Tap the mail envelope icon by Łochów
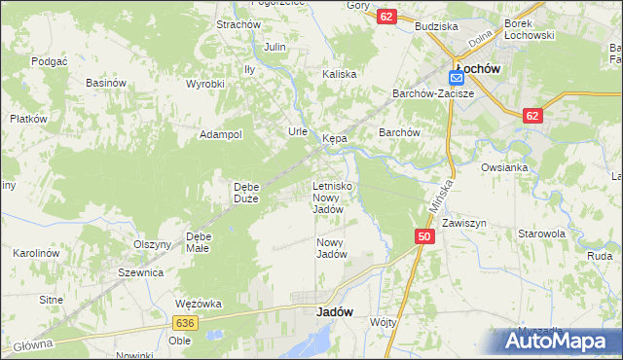click(x=457, y=77)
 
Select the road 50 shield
click(x=423, y=236)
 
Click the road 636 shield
click(x=185, y=322)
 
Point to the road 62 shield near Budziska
click(x=387, y=17)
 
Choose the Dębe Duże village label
click(x=245, y=193)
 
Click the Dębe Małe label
click(x=199, y=242)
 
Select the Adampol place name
click(x=220, y=135)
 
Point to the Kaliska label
click(x=340, y=74)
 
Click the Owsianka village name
click(x=504, y=167)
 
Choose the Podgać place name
click(x=48, y=60)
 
